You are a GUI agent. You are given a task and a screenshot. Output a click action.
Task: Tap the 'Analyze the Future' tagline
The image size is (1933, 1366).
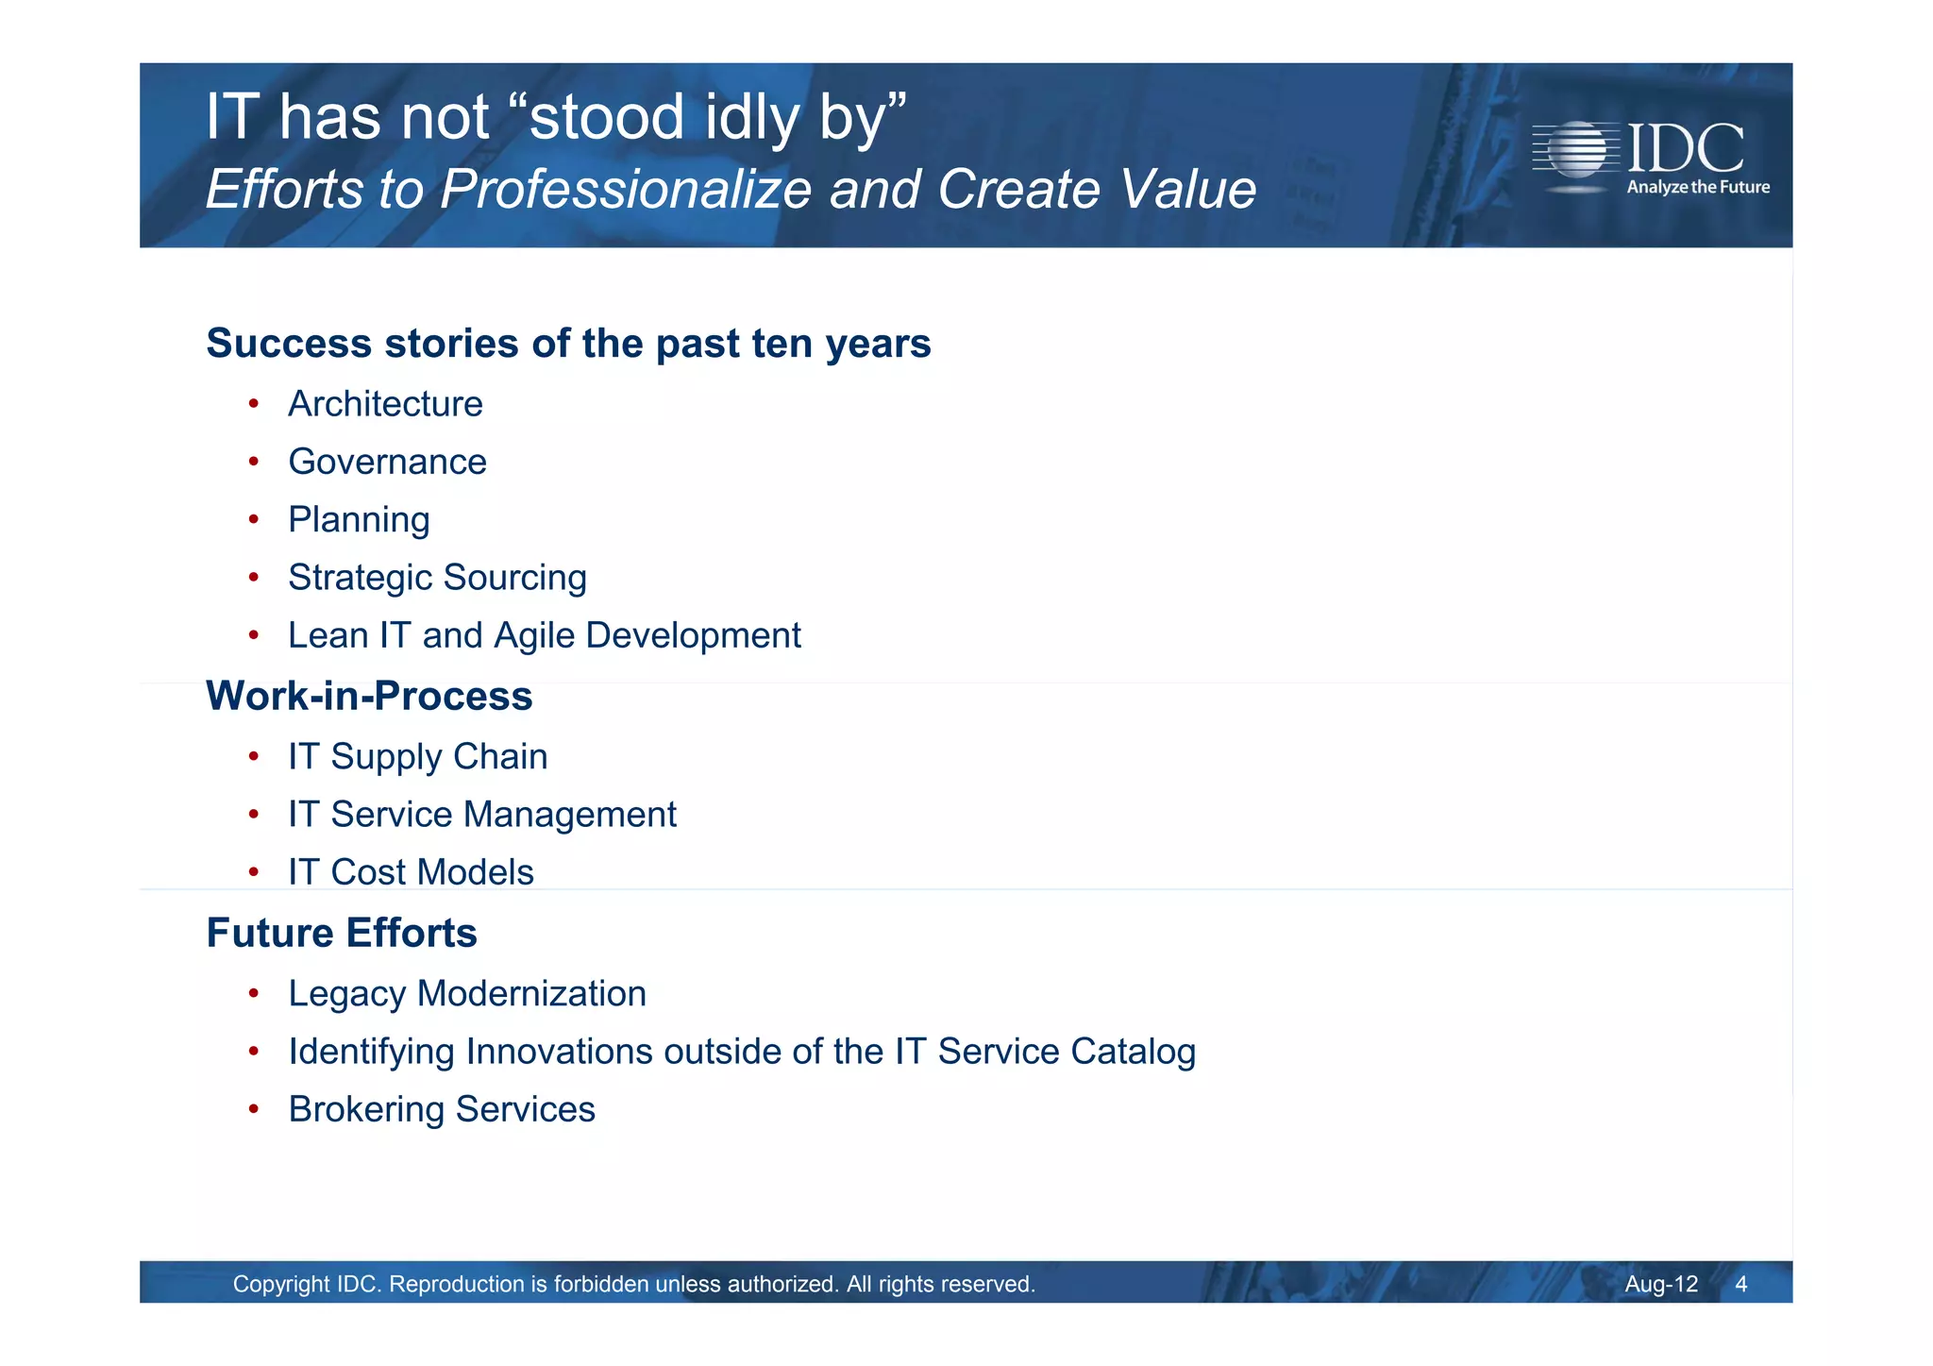click(1697, 187)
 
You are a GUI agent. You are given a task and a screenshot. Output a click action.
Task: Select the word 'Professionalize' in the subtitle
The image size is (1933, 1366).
click(626, 189)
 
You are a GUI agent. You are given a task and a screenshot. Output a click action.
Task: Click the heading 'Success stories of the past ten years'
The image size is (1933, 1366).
click(568, 344)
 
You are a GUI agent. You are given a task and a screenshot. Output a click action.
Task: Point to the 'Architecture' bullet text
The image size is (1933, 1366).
click(385, 404)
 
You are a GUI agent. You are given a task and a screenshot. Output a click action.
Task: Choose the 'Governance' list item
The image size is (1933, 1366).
click(387, 462)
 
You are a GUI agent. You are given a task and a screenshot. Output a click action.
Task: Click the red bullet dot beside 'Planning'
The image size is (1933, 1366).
click(253, 519)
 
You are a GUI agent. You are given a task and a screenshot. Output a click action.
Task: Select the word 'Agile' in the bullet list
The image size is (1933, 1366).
click(534, 636)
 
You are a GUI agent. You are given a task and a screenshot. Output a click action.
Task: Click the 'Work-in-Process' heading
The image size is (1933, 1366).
click(369, 697)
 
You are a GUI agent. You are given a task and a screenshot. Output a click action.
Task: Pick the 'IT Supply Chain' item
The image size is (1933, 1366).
click(417, 757)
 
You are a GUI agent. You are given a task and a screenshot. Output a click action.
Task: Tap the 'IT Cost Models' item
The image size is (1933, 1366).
click(411, 872)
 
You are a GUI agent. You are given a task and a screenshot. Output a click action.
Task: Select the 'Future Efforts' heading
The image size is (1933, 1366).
click(342, 934)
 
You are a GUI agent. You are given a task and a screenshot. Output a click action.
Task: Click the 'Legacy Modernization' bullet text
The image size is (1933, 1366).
click(467, 994)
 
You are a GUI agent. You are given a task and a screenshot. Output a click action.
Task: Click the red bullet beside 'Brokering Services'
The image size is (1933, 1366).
click(253, 1109)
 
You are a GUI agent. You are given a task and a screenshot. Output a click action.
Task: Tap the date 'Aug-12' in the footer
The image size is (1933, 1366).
click(1660, 1284)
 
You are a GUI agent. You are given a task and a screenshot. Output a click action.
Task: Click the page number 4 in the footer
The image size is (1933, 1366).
click(1740, 1284)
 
